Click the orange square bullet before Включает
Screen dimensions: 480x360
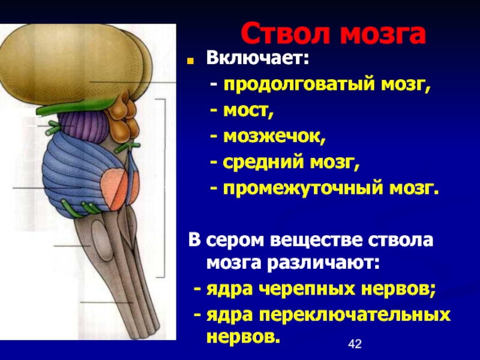pyautogui.click(x=190, y=61)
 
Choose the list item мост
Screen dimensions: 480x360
pyautogui.click(x=248, y=111)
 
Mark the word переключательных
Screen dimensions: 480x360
pyautogui.click(x=355, y=316)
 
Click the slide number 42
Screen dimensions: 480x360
pyautogui.click(x=355, y=344)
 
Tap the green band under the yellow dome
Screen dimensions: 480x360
pyautogui.click(x=77, y=107)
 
